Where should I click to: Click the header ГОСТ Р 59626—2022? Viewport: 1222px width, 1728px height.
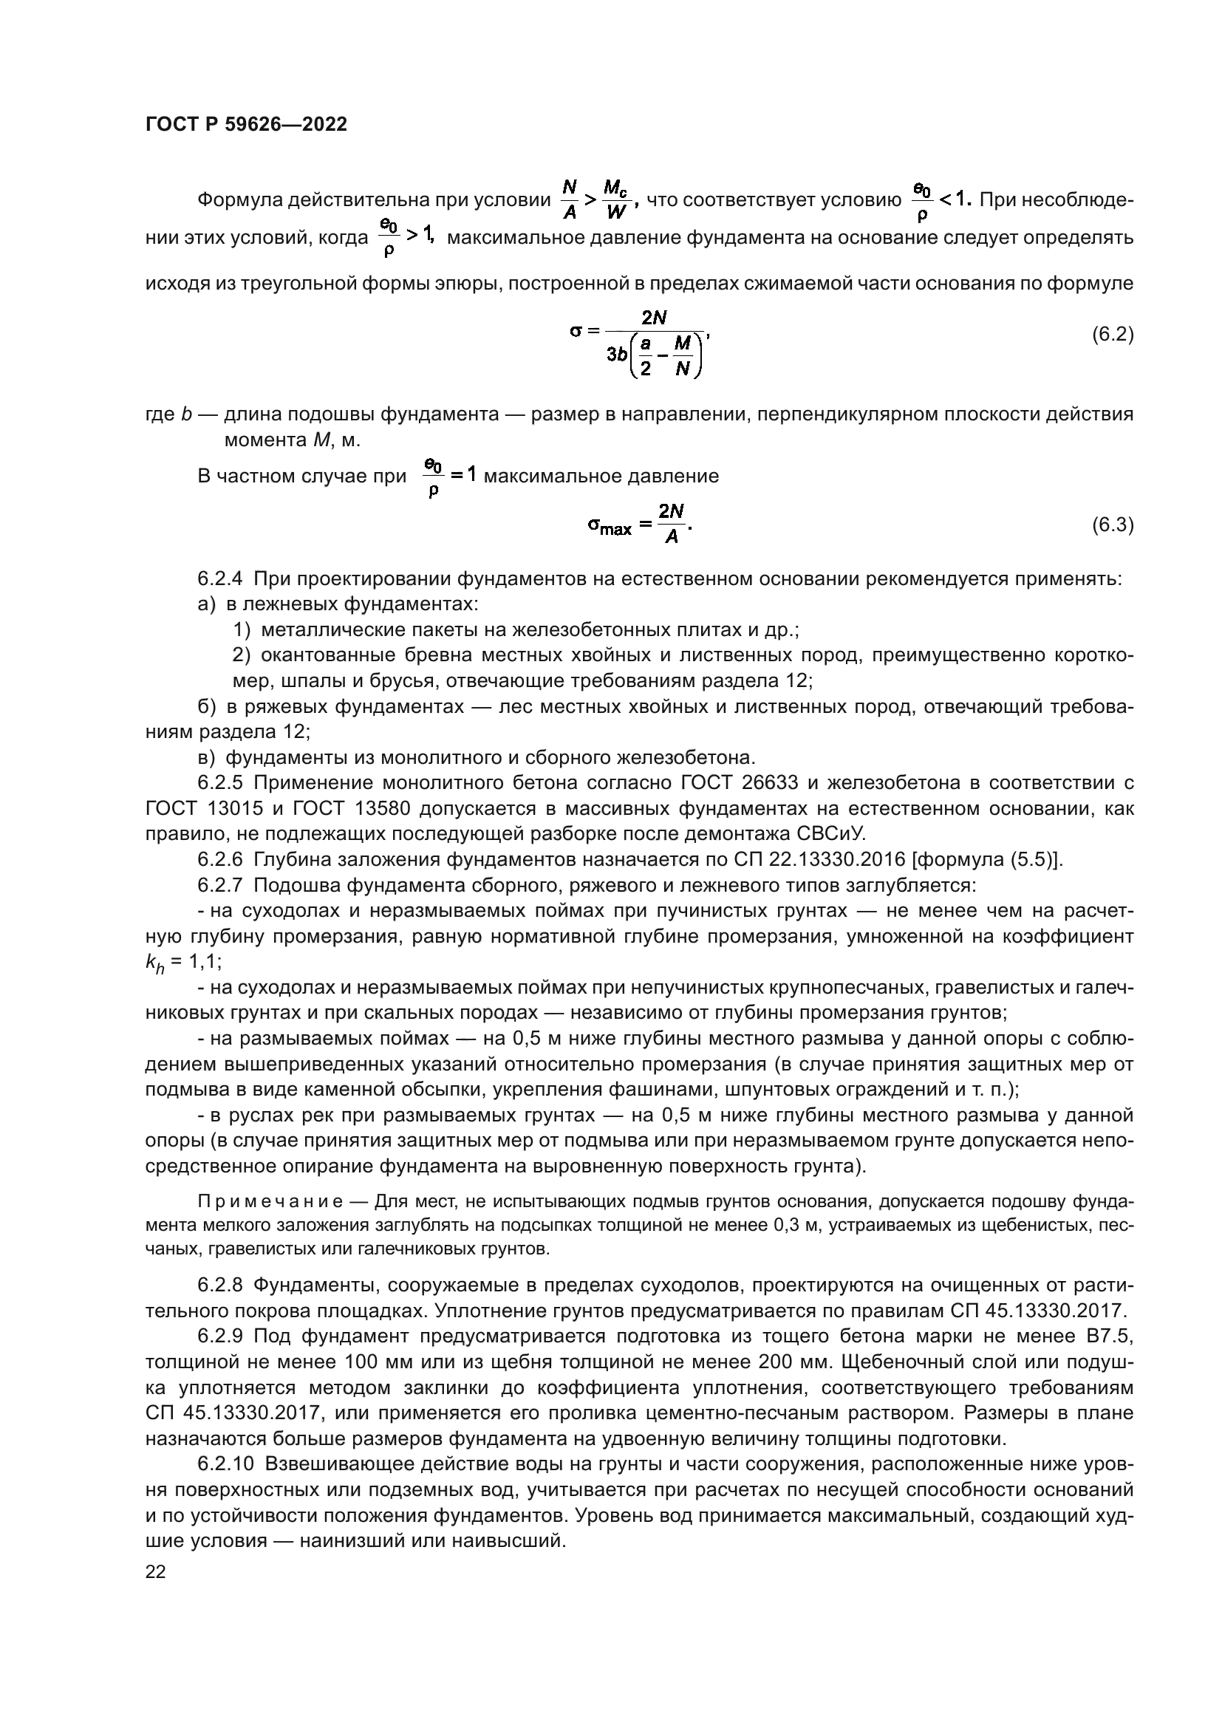[246, 125]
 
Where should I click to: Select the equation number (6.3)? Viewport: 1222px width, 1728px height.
[1112, 525]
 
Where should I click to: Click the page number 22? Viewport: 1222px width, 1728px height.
[155, 1572]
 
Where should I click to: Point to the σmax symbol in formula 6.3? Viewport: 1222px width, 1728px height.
[609, 526]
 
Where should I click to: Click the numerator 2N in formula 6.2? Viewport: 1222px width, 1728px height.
[654, 318]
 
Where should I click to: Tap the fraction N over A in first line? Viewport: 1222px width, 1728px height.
[570, 199]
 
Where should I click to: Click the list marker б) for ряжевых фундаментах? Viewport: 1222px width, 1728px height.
[206, 707]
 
